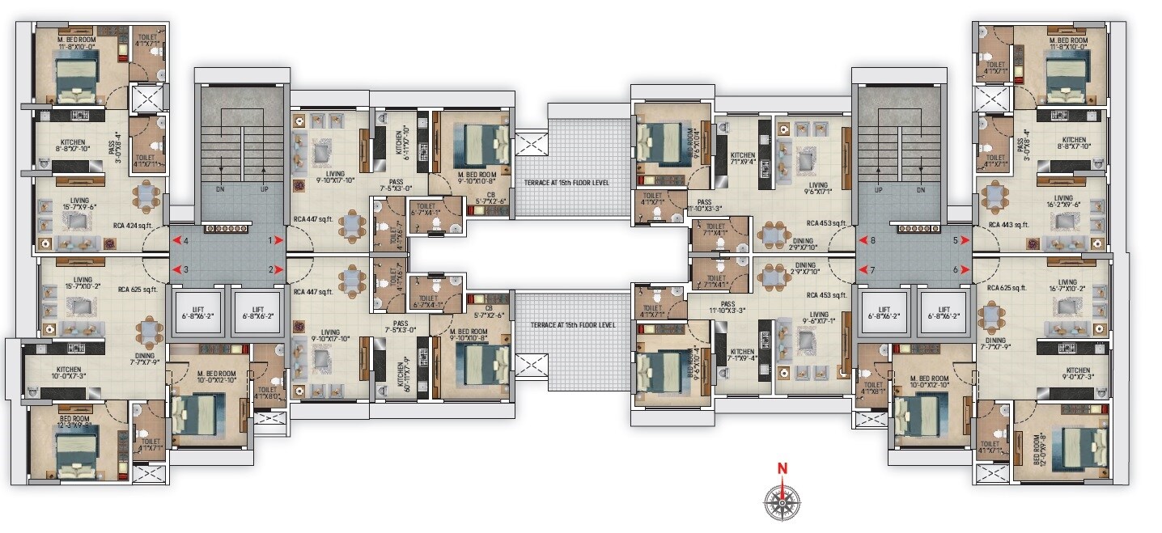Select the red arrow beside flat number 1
[278, 240]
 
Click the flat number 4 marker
[185, 241]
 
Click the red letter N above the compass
[782, 468]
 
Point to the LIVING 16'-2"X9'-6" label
[1062, 201]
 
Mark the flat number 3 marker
[185, 270]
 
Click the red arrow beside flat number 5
[966, 240]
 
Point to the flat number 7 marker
[871, 270]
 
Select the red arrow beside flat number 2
[278, 270]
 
